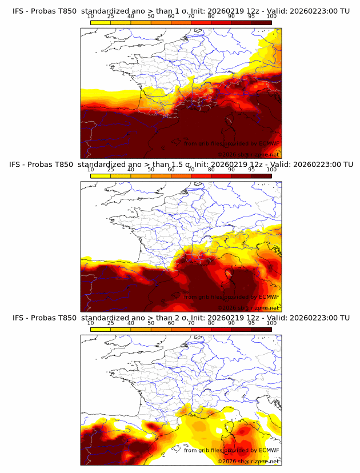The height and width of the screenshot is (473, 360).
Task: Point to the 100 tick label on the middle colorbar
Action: pyautogui.click(x=271, y=169)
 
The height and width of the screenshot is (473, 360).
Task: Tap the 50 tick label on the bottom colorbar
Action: pyautogui.click(x=151, y=323)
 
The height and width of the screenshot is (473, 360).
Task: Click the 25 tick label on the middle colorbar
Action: pyautogui.click(x=111, y=169)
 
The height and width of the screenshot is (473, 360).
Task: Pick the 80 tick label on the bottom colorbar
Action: pyautogui.click(x=211, y=323)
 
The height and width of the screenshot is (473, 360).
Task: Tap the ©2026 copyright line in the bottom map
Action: pyautogui.click(x=248, y=460)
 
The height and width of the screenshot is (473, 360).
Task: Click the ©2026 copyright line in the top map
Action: pyautogui.click(x=248, y=154)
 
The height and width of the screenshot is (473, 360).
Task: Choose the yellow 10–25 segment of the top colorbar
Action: pyautogui.click(x=101, y=22)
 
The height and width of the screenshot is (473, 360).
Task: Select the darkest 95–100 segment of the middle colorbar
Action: pyautogui.click(x=261, y=175)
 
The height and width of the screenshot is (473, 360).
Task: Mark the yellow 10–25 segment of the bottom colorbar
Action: pyautogui.click(x=101, y=329)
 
